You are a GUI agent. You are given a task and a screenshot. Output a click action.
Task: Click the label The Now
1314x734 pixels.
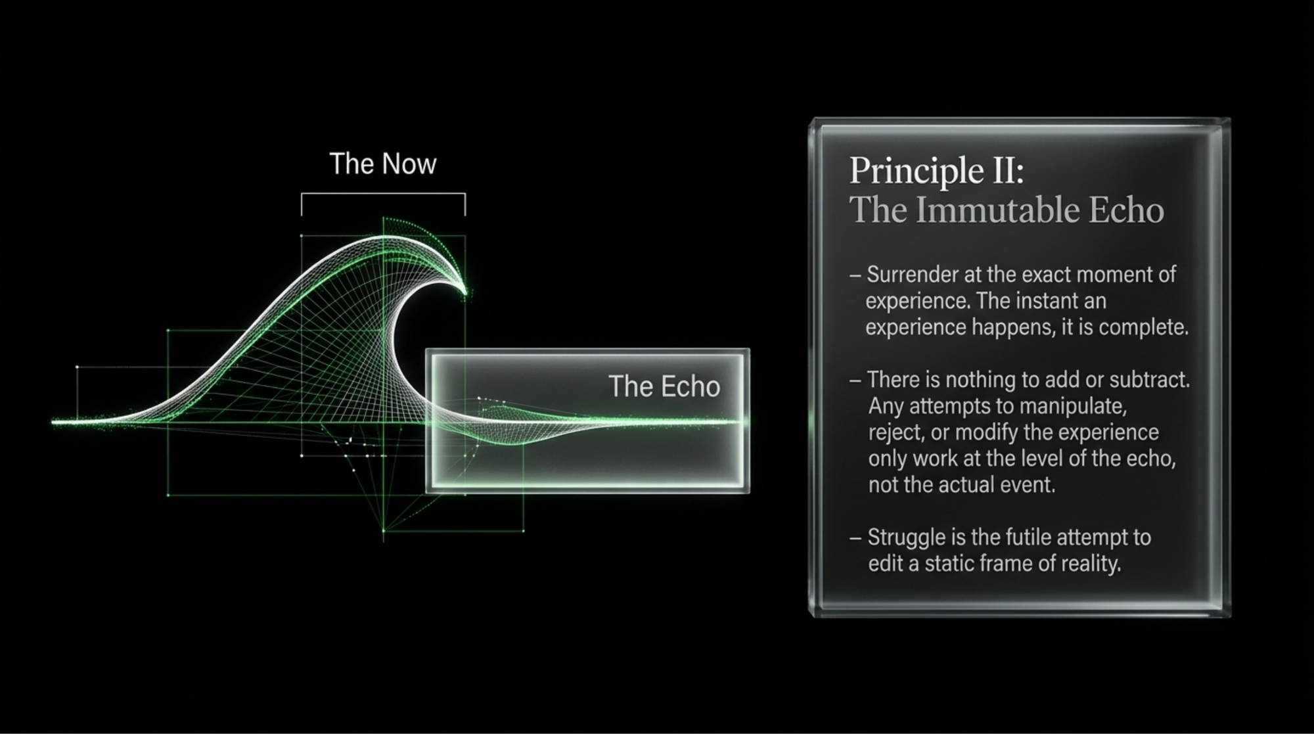pyautogui.click(x=382, y=164)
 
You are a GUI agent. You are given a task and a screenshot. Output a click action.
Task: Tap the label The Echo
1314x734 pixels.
pyautogui.click(x=664, y=386)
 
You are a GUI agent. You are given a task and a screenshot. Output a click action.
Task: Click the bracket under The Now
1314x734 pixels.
pyautogui.click(x=383, y=195)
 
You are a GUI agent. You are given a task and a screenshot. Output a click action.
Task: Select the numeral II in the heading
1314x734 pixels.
pyautogui.click(x=1003, y=170)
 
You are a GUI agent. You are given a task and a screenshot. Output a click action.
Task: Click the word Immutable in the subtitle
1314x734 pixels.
pyautogui.click(x=998, y=210)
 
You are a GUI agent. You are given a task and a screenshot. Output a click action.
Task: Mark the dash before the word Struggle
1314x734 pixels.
pyautogui.click(x=855, y=538)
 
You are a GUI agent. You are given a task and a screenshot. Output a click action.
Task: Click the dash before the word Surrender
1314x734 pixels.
pyautogui.click(x=855, y=275)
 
